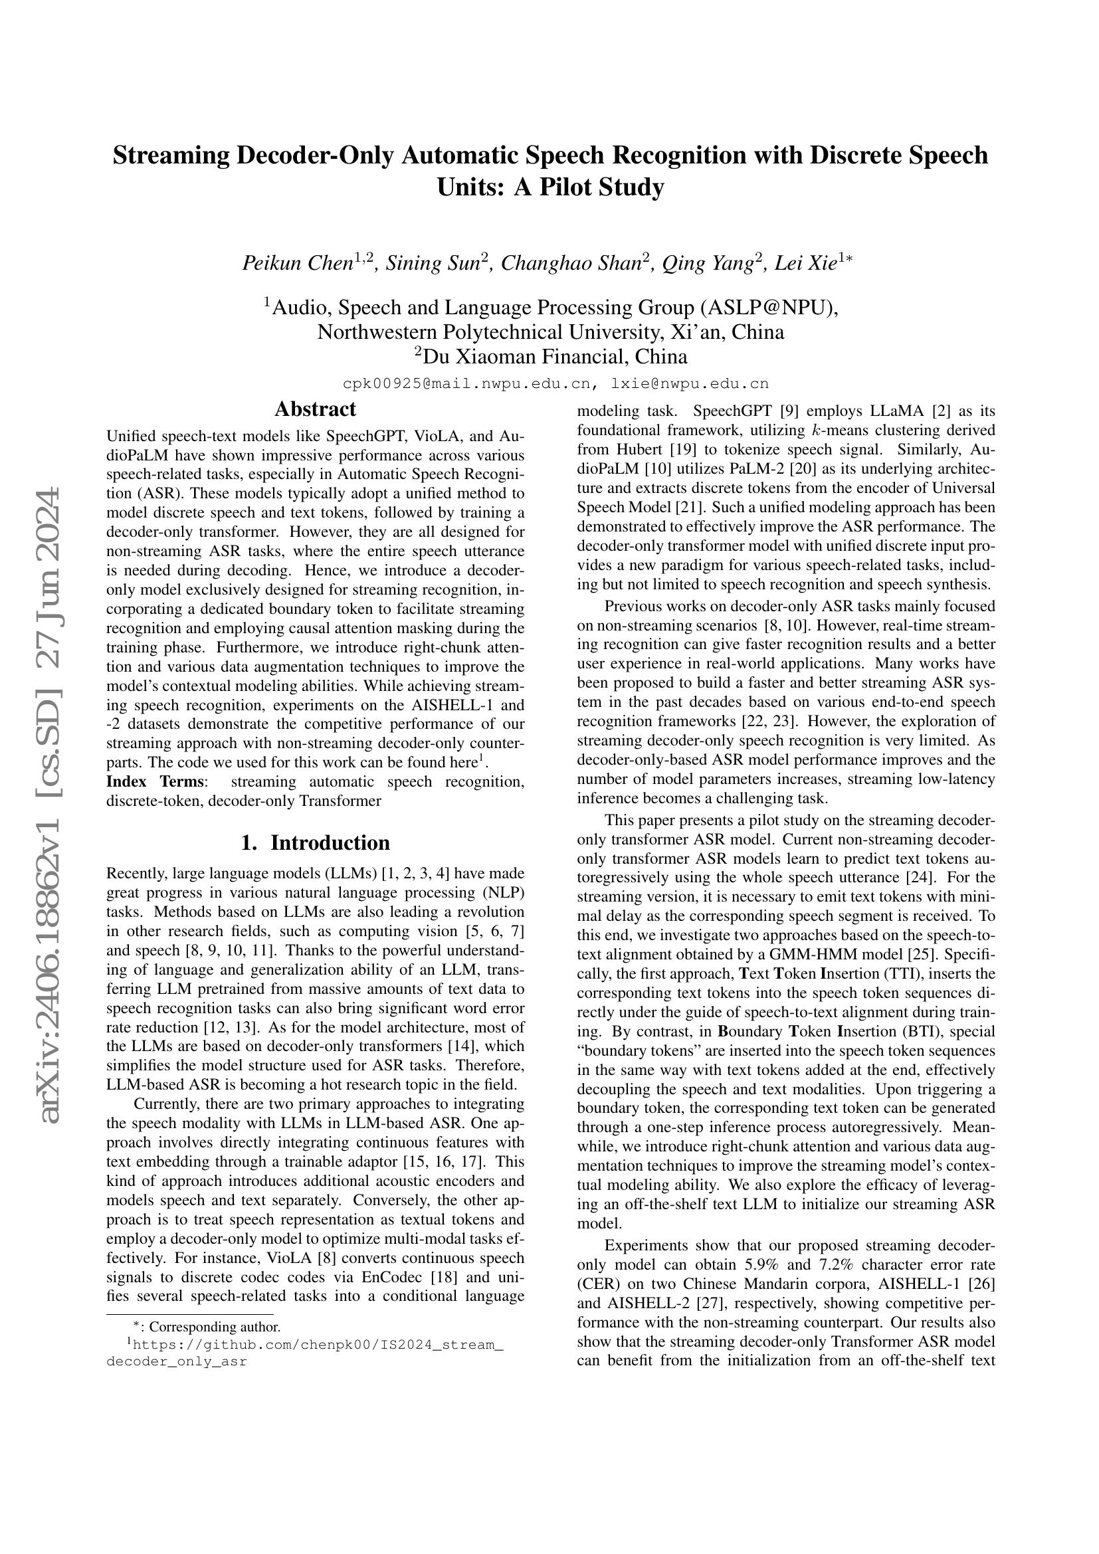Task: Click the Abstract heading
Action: pyautogui.click(x=315, y=409)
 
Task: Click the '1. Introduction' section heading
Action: pyautogui.click(x=315, y=842)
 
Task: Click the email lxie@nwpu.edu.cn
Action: pyautogui.click(x=690, y=384)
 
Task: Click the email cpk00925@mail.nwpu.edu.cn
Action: pyautogui.click(x=467, y=384)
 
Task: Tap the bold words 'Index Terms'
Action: pyautogui.click(x=155, y=782)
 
